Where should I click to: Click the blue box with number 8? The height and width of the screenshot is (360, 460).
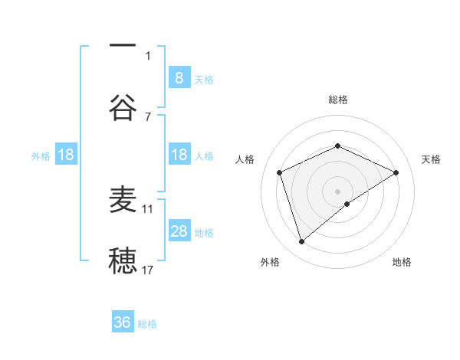(x=179, y=77)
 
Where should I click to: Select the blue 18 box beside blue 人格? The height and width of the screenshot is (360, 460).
(x=179, y=155)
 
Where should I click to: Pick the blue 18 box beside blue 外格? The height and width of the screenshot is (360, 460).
(x=66, y=155)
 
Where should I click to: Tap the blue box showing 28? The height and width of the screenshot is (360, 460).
(x=179, y=231)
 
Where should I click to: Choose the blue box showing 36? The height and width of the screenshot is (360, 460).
(x=123, y=322)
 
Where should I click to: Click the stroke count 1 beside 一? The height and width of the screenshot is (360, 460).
(x=148, y=55)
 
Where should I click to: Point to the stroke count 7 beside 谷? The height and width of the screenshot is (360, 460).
(x=148, y=116)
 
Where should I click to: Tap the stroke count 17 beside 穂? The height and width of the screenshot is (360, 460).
(x=148, y=270)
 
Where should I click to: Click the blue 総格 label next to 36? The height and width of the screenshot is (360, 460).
(x=148, y=324)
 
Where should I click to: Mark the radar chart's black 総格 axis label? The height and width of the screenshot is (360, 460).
(x=338, y=100)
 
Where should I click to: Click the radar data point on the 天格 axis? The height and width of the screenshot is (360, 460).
(x=396, y=172)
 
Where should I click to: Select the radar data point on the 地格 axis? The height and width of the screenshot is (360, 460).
(x=347, y=204)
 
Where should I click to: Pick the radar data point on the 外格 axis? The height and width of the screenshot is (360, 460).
(x=301, y=242)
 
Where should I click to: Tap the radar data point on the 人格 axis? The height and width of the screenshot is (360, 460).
(x=280, y=172)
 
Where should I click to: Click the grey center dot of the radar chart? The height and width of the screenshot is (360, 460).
(x=338, y=191)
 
